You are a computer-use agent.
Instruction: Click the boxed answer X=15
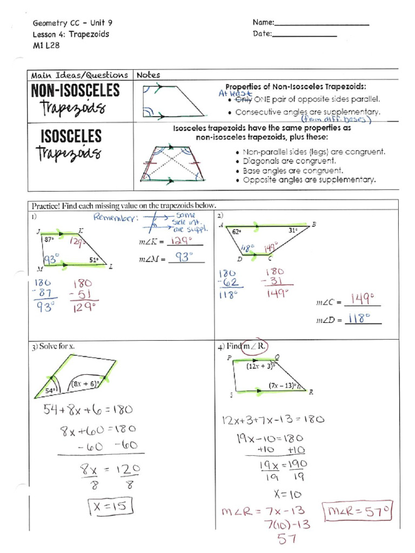pyautogui.click(x=108, y=507)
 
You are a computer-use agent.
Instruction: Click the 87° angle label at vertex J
pyautogui.click(x=49, y=238)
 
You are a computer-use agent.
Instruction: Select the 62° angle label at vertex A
pyautogui.click(x=236, y=231)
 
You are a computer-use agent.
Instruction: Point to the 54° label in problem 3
pyautogui.click(x=50, y=390)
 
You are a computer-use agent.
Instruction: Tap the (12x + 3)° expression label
pyautogui.click(x=260, y=366)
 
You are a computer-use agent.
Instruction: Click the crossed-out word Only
pyautogui.click(x=243, y=99)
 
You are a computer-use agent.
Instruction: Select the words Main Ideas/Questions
pyautogui.click(x=79, y=75)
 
